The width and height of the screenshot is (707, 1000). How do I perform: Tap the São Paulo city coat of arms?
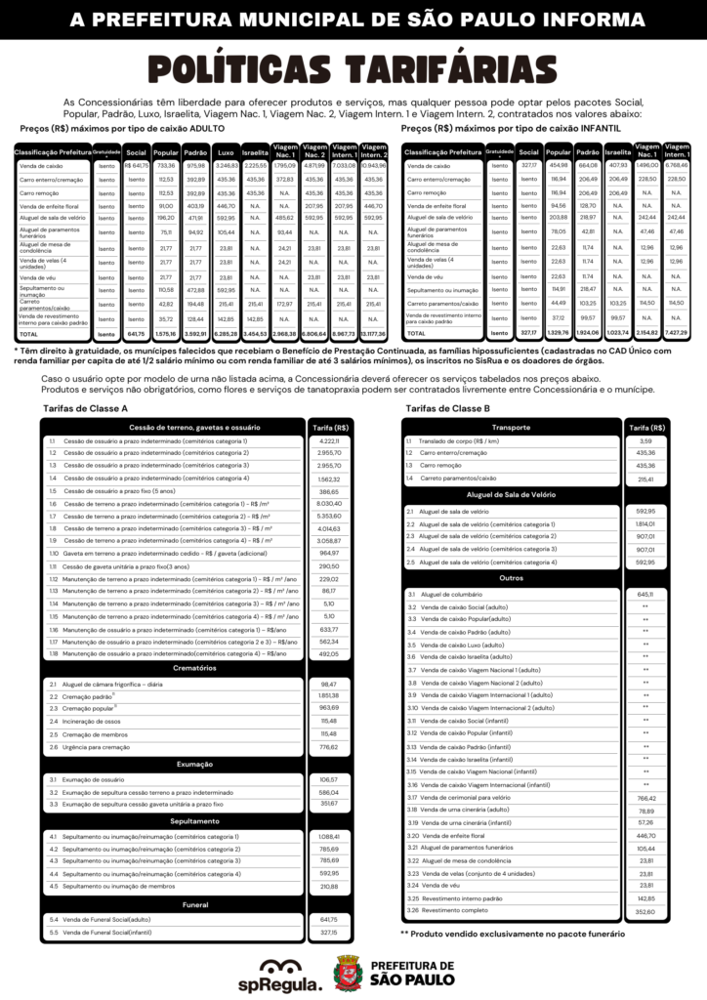click(x=348, y=973)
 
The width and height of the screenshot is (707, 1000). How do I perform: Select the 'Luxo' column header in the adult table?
click(x=226, y=152)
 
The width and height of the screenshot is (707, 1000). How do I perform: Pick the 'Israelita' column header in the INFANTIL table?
click(x=618, y=152)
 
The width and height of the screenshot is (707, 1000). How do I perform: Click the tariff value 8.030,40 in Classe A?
click(x=328, y=503)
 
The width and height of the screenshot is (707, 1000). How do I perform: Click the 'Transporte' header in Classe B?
click(x=512, y=427)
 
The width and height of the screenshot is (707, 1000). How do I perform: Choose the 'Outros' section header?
click(x=512, y=577)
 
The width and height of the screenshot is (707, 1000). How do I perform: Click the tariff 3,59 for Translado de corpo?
click(x=645, y=441)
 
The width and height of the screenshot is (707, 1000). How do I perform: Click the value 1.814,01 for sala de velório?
click(x=645, y=524)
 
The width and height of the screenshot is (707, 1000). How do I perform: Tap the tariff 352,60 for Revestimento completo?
click(x=645, y=912)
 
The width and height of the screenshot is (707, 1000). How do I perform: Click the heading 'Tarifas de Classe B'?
click(x=446, y=407)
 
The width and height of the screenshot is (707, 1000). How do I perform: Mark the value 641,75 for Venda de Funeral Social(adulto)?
click(x=328, y=919)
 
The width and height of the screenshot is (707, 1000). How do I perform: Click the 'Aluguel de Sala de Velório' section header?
click(x=512, y=495)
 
